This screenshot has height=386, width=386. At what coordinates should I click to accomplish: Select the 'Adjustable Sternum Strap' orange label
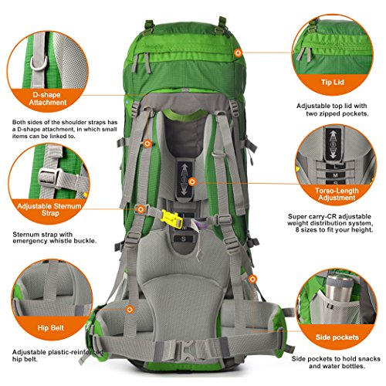[49, 206]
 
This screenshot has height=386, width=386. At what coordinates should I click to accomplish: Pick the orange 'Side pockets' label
[335, 337]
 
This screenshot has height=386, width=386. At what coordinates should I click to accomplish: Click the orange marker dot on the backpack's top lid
[237, 52]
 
